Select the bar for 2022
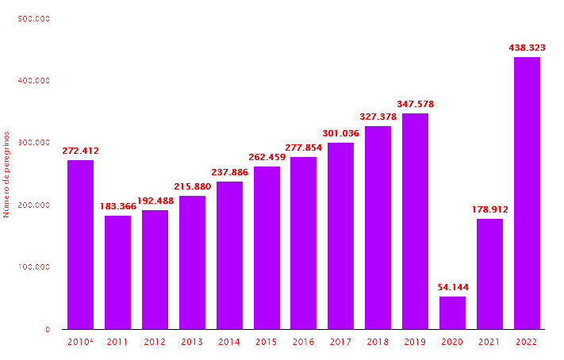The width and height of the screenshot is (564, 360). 527,193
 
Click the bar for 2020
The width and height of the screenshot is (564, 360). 452,312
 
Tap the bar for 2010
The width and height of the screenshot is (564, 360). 80,244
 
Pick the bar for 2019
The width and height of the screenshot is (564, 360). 415,221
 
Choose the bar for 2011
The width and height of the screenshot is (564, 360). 117,272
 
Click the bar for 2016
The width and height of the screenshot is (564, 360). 303,243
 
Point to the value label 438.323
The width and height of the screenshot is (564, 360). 527,48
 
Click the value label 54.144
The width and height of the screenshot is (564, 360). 452,287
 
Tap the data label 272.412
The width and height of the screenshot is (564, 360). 80,151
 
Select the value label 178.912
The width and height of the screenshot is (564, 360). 489,209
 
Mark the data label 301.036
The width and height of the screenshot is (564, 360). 340,133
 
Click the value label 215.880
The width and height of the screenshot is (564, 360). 192,186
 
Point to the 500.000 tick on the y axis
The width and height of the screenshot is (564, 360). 33,18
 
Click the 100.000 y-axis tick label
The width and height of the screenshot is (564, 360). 33,267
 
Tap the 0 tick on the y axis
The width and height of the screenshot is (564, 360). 47,329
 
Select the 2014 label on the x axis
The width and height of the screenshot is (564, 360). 229,342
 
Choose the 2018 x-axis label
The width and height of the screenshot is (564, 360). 378,342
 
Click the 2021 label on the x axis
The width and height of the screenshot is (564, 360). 489,342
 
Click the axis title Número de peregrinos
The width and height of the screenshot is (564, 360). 6,174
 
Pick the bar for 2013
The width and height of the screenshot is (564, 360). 192,262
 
